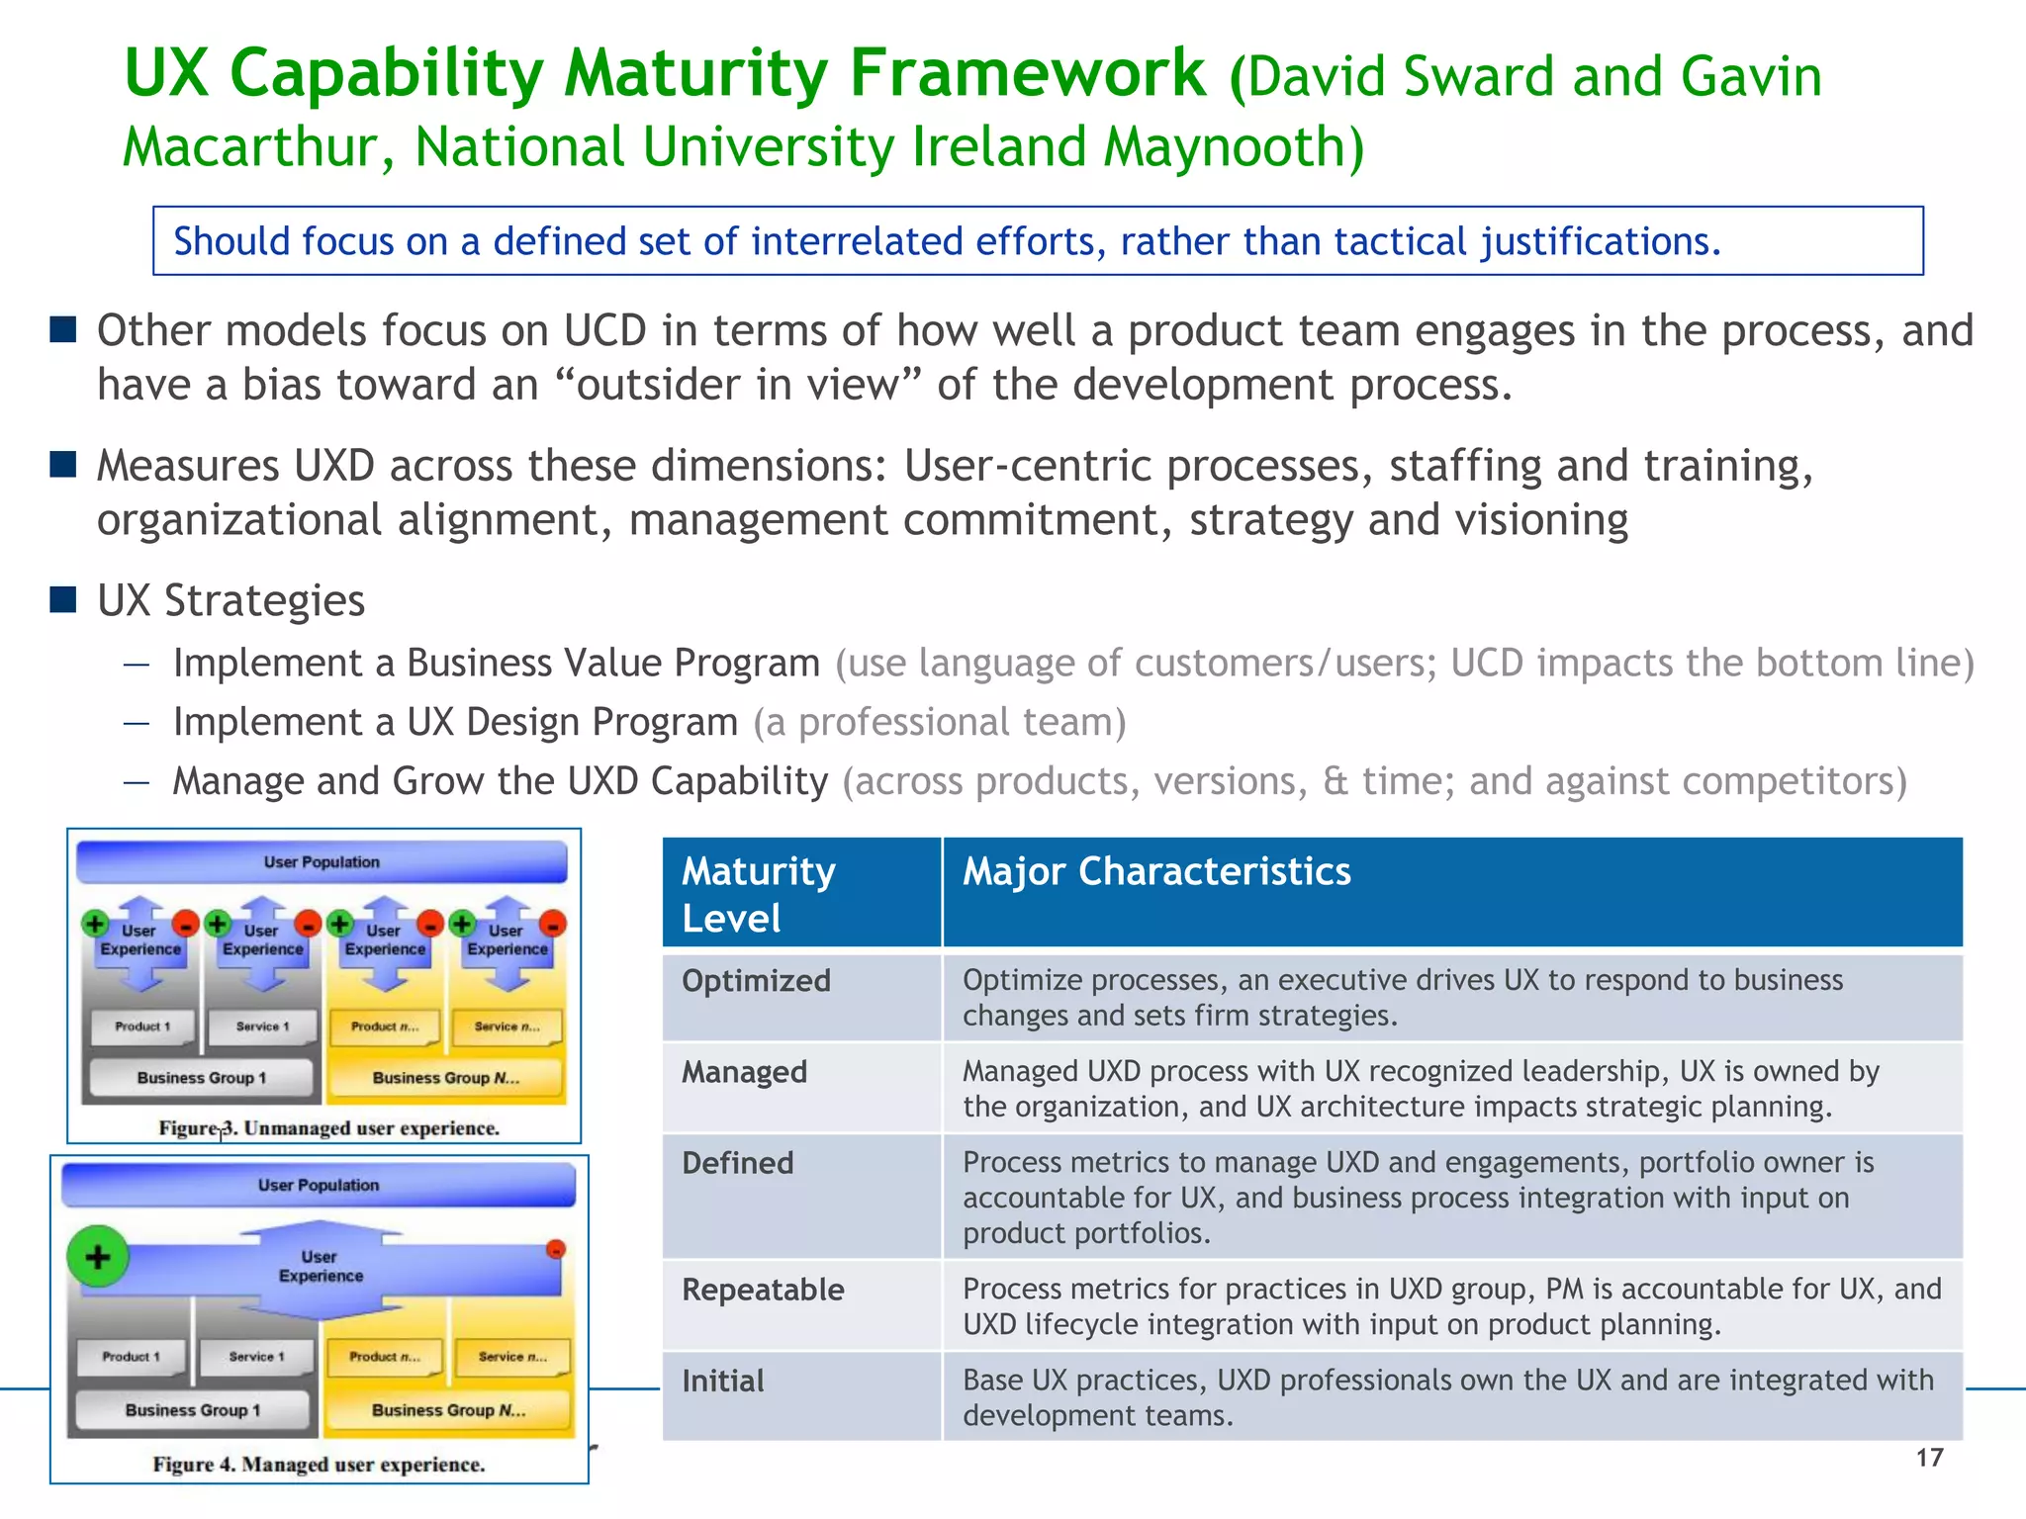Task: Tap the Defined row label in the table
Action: click(738, 1163)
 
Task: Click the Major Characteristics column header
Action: click(1156, 872)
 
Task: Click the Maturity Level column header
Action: click(759, 894)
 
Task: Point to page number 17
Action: click(1929, 1458)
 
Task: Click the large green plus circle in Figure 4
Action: click(97, 1257)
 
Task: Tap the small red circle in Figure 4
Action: click(556, 1249)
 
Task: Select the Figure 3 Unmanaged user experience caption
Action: click(329, 1128)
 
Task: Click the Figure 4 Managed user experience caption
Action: click(319, 1465)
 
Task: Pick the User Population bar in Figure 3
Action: click(322, 862)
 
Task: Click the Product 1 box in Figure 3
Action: click(142, 1027)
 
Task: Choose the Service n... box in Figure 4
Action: click(512, 1357)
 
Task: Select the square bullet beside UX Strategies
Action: click(63, 599)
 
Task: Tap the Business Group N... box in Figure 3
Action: click(445, 1078)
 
